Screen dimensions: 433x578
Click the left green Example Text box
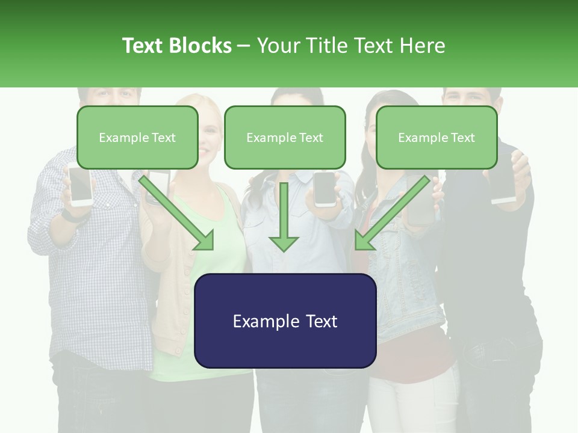(x=137, y=137)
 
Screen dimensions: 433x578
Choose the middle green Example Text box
(x=285, y=137)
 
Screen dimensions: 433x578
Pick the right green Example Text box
(x=437, y=137)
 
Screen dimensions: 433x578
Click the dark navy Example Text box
(x=285, y=321)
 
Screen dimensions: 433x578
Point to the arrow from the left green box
(x=178, y=213)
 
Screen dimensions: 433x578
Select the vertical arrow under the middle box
(x=284, y=216)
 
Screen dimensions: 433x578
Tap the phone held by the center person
(x=325, y=189)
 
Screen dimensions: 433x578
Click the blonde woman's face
(x=208, y=129)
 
